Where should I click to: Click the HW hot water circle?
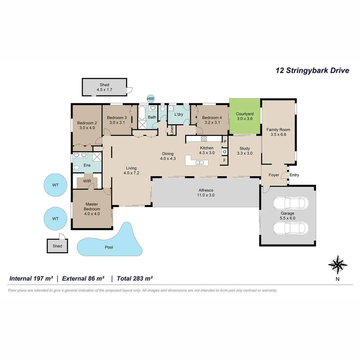pyautogui.click(x=151, y=99)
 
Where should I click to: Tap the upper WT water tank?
pyautogui.click(x=55, y=185)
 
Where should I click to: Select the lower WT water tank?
pyautogui.click(x=55, y=219)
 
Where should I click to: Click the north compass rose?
pyautogui.click(x=338, y=265)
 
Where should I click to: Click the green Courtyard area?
pyautogui.click(x=245, y=116)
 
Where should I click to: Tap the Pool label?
pyautogui.click(x=109, y=247)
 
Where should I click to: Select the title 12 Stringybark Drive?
pyautogui.click(x=312, y=71)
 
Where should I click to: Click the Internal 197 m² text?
pyautogui.click(x=31, y=278)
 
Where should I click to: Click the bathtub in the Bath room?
pyautogui.click(x=141, y=113)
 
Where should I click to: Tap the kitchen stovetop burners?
pyautogui.click(x=204, y=139)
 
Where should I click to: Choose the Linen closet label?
pyautogui.click(x=172, y=130)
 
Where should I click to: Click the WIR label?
pyautogui.click(x=87, y=181)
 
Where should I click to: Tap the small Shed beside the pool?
pyautogui.click(x=57, y=246)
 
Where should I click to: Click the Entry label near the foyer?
pyautogui.click(x=294, y=175)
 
